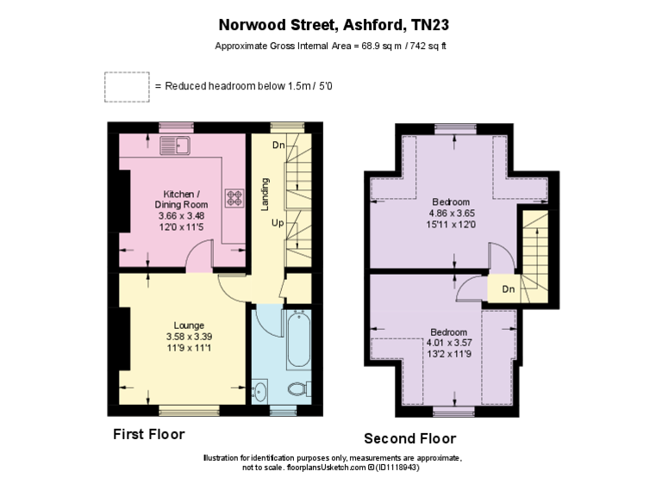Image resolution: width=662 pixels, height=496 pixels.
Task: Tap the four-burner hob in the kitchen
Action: point(234,199)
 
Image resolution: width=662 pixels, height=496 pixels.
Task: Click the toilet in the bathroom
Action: point(297,388)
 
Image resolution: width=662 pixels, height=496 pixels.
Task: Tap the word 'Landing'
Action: point(266,193)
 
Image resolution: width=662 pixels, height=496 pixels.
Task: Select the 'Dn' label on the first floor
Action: point(278,145)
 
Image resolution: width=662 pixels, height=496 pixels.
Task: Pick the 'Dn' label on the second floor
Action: point(509,289)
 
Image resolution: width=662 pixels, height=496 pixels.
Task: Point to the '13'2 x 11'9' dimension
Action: point(449,352)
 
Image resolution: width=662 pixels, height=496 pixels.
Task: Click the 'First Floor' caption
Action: point(149,434)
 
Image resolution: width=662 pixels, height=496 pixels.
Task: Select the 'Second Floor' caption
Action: point(409,437)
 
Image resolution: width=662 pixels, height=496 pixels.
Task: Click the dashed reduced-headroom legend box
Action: point(126,86)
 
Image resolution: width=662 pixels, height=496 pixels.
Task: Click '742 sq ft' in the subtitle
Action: point(427,46)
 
